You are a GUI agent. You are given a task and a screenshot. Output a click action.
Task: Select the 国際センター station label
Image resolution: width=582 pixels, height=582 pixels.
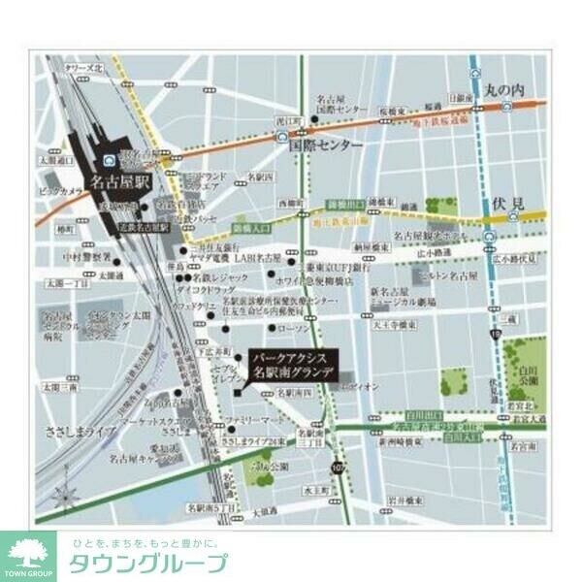[326, 145]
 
